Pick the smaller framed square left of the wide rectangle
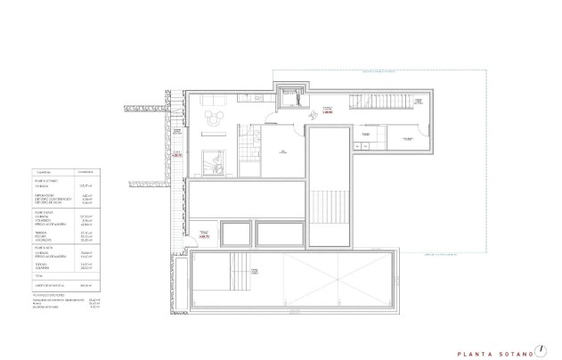(236, 234)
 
